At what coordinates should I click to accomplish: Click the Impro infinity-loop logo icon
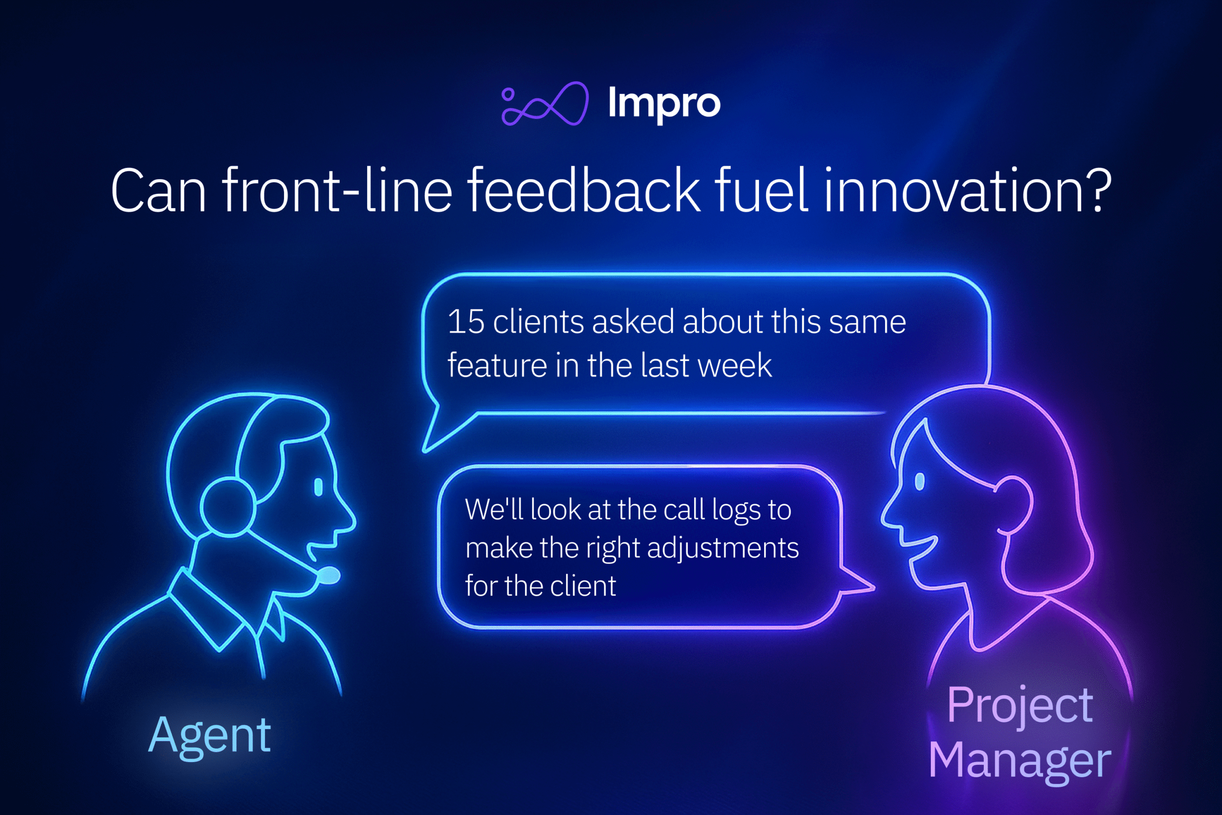pyautogui.click(x=545, y=104)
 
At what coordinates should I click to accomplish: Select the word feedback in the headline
pyautogui.click(x=584, y=191)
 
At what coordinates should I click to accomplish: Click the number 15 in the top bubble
pyautogui.click(x=465, y=322)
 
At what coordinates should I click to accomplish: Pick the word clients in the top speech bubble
pyautogui.click(x=538, y=322)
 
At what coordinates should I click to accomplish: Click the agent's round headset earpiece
pyautogui.click(x=228, y=508)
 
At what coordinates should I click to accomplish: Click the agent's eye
pyautogui.click(x=318, y=487)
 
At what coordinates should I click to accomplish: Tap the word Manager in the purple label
pyautogui.click(x=1020, y=761)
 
